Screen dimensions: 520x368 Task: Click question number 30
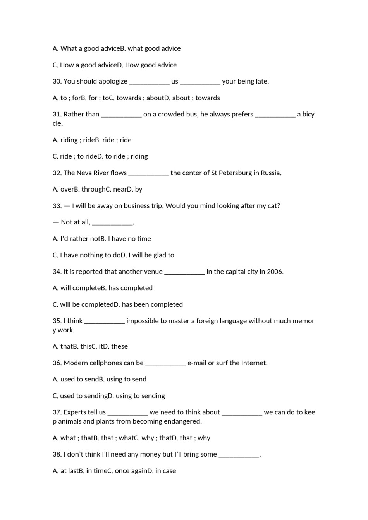point(57,81)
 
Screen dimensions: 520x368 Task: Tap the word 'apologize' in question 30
point(113,82)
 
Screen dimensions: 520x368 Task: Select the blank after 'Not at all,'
point(112,222)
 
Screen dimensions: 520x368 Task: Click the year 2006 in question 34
point(275,272)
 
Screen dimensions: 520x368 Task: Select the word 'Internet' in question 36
point(254,363)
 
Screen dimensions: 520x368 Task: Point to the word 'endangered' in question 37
point(184,421)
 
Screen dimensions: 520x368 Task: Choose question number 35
point(57,321)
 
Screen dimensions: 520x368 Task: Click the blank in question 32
point(148,173)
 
